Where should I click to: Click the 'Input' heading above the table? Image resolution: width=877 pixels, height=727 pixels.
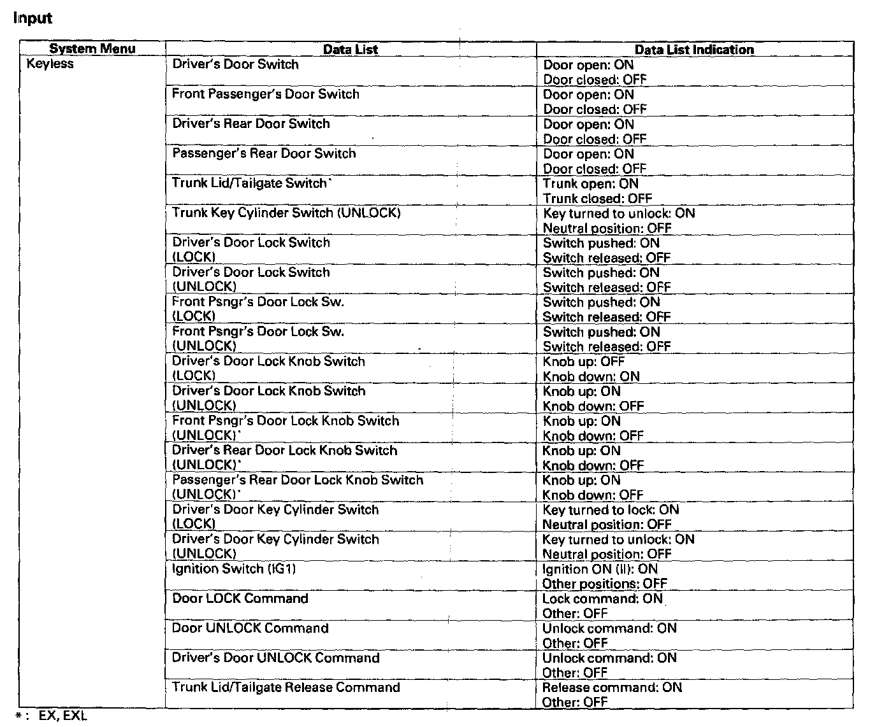[33, 18]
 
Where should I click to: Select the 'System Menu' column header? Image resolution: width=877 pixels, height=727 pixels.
[92, 49]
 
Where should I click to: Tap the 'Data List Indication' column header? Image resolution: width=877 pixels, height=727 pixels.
[694, 50]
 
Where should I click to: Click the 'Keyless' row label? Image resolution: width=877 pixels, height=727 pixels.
[50, 64]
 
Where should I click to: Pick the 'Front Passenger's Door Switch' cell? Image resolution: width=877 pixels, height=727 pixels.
[266, 94]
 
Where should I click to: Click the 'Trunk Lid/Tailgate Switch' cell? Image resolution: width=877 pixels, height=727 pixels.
[250, 183]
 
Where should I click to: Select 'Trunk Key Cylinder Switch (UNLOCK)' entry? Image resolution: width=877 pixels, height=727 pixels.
[286, 213]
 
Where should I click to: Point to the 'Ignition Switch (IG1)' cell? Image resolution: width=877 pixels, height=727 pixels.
[234, 568]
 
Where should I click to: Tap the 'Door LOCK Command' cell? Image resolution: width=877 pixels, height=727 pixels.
[240, 598]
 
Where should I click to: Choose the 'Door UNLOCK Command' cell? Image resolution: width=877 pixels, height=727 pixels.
[250, 628]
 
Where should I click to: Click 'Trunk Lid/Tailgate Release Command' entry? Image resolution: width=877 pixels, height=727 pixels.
[286, 688]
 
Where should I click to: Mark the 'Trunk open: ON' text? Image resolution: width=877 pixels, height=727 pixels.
[590, 184]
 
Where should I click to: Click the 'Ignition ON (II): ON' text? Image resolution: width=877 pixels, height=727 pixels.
[600, 569]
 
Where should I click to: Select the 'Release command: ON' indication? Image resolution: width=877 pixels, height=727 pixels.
[612, 688]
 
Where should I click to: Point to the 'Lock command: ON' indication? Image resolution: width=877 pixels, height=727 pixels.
[602, 598]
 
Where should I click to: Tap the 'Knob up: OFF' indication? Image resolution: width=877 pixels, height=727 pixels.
[584, 362]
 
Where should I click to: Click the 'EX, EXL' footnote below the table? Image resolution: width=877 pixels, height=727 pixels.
[62, 716]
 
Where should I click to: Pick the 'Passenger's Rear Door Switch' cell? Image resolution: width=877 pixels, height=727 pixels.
[264, 153]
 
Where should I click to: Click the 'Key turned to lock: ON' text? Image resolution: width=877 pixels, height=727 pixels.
[611, 510]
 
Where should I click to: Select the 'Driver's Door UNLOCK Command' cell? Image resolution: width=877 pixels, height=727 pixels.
[276, 658]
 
